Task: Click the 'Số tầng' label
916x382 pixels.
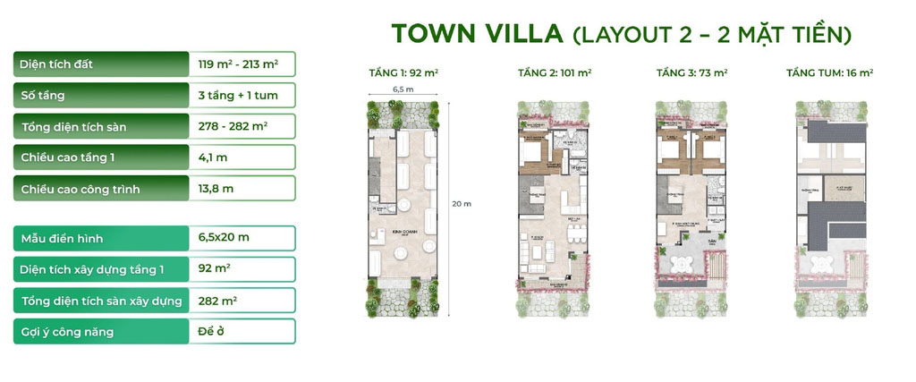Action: tap(42, 95)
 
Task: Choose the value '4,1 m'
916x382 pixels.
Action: tap(213, 157)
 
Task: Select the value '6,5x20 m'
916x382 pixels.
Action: tap(224, 238)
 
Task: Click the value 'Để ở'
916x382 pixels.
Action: tap(211, 331)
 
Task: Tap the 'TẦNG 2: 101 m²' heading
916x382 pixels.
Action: tap(555, 72)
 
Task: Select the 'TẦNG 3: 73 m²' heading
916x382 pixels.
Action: tap(691, 72)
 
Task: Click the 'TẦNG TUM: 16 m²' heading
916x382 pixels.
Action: tap(829, 72)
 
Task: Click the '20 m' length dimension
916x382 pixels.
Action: tap(462, 204)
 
